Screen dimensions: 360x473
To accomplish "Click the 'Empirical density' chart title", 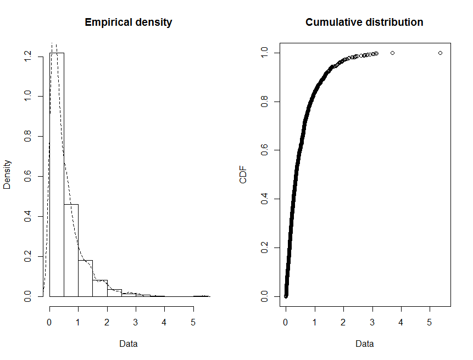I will coord(128,22).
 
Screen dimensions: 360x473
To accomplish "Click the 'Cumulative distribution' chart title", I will coord(364,22).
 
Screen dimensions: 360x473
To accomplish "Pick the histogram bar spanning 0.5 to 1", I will coord(71,250).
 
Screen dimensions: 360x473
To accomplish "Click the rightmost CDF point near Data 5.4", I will coord(441,53).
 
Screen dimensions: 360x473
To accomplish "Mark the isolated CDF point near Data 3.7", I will coord(392,53).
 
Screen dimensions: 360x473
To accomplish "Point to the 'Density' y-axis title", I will coord(7,175).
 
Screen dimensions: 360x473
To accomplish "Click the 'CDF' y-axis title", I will coord(243,175).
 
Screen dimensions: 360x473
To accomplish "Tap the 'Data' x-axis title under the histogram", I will coord(128,344).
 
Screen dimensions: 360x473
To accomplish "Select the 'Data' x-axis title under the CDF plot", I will coord(364,344).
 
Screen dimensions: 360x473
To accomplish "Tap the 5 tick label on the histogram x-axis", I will coord(193,323).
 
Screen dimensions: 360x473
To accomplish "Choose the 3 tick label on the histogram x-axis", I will coord(136,323).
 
